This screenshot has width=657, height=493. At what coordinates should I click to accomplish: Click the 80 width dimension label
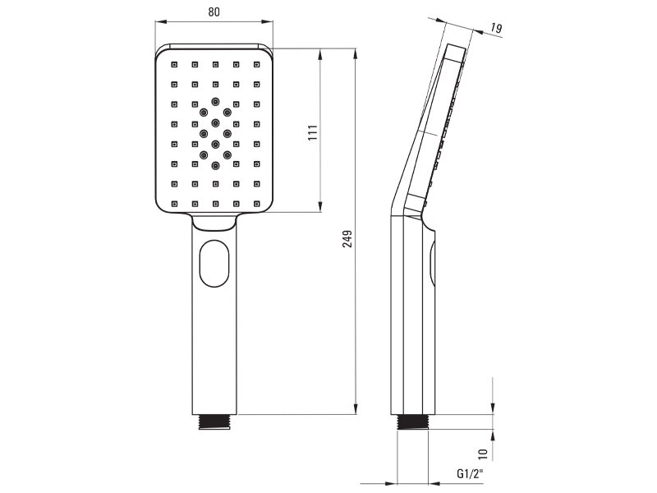214,12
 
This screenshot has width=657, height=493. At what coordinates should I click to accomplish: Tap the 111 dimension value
313,132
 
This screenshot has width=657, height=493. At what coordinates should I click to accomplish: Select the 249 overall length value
347,238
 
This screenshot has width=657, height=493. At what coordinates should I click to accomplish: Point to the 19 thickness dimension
496,28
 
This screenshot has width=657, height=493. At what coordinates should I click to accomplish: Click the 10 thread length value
483,453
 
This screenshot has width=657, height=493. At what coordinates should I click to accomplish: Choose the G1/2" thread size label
470,474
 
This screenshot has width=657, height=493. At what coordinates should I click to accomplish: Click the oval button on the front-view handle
214,263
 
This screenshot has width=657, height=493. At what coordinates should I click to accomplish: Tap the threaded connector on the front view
214,422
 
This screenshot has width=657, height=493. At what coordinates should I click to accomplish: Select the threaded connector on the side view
412,422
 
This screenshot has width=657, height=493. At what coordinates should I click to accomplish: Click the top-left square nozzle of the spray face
174,65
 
